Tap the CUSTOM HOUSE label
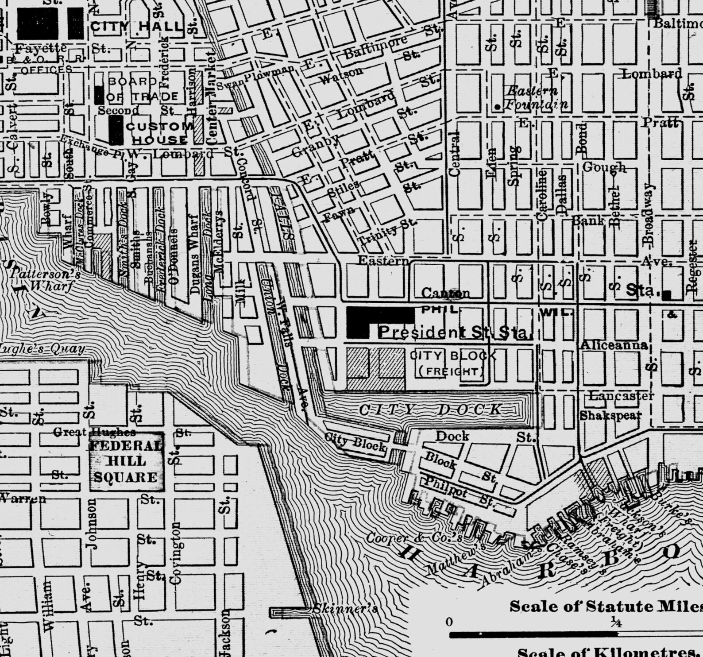[x=160, y=133]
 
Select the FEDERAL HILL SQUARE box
[x=126, y=461]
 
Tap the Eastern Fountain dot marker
[x=498, y=107]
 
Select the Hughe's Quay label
[x=42, y=349]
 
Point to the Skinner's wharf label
[x=345, y=609]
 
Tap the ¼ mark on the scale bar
[x=615, y=622]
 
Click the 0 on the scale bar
[x=449, y=622]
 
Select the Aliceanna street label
[x=614, y=345]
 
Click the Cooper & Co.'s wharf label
[x=414, y=537]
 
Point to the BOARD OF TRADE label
[x=143, y=89]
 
